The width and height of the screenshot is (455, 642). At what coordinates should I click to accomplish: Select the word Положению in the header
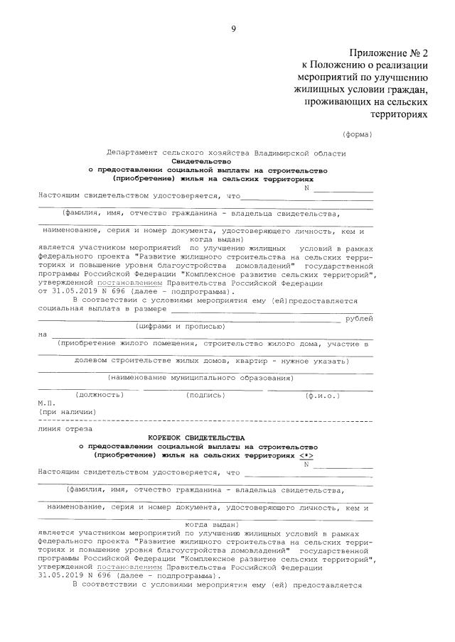click(335, 66)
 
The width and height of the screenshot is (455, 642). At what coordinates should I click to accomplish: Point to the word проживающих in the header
click(338, 102)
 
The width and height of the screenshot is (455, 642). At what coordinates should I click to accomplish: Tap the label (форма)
click(357, 134)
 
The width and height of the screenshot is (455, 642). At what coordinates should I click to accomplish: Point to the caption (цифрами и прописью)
click(181, 327)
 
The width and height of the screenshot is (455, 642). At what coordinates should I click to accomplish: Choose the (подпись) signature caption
click(205, 395)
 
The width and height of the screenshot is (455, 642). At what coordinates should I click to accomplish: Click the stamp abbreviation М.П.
click(46, 403)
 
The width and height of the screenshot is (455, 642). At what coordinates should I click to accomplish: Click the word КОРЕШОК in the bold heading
click(170, 437)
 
